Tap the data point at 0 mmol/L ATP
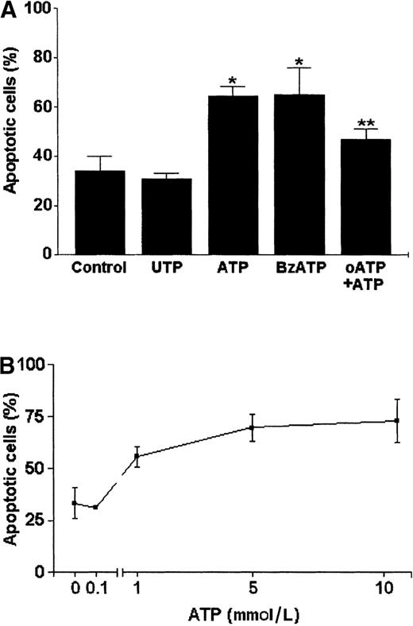(x=75, y=503)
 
